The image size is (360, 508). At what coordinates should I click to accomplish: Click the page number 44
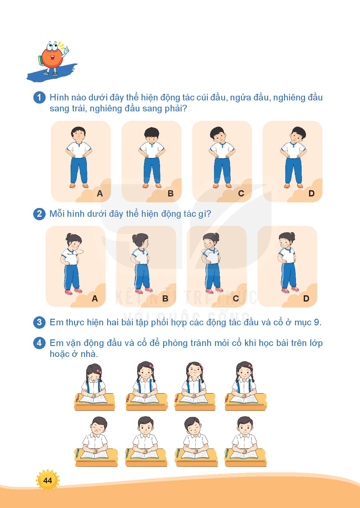47,480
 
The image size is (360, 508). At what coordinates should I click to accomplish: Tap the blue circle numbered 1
39,98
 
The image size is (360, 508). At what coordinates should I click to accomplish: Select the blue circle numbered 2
39,214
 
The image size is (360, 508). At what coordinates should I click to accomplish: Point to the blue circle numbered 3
39,322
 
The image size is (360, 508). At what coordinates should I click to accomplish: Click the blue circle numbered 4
39,343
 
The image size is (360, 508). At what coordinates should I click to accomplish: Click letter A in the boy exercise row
100,193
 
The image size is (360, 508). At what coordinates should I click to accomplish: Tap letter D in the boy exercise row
312,193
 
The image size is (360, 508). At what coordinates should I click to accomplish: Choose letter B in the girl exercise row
165,298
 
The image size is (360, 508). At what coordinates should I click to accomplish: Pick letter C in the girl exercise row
236,298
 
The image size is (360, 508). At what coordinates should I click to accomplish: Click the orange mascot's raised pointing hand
66,50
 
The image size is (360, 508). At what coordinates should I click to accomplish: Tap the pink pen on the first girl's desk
77,398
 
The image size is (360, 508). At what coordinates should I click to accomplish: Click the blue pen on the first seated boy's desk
77,453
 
